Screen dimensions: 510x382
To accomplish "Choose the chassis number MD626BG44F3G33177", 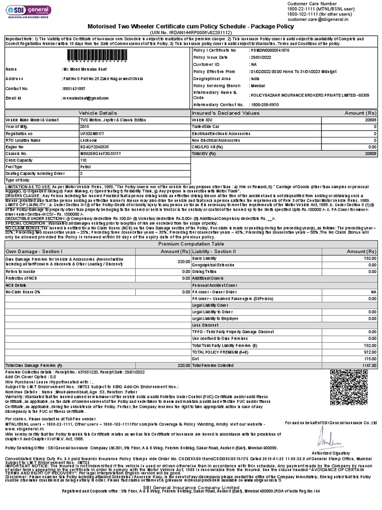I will coord(100,154).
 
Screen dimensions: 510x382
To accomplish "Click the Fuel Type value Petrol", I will coord(86,167).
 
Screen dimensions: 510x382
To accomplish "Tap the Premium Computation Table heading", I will coord(191,245).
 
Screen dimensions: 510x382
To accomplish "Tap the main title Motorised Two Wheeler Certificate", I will coord(191,26).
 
